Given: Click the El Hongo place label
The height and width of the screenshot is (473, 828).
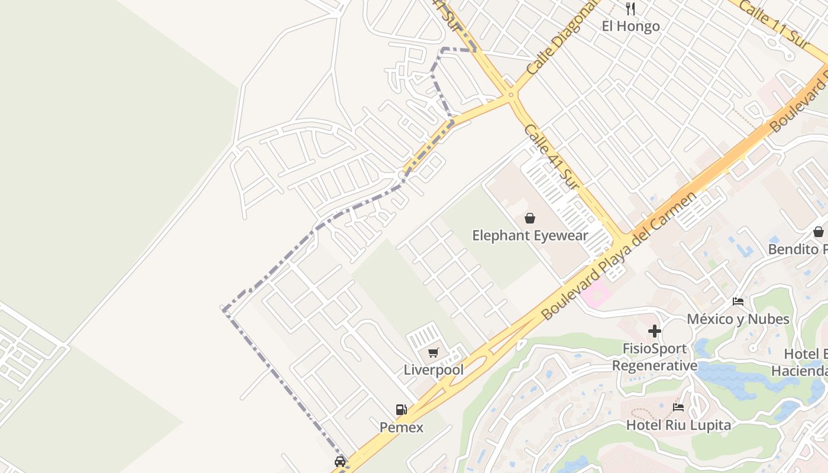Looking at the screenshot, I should coord(630,26).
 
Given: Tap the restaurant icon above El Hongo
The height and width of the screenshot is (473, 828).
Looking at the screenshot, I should coord(630,9).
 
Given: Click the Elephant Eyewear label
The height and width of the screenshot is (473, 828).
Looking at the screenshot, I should coord(530,235).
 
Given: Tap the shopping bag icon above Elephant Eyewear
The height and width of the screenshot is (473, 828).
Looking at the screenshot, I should coord(530,218).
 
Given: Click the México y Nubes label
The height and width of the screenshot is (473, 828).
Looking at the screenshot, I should coord(746,319).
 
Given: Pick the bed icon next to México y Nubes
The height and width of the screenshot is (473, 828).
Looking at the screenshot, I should coord(738,302).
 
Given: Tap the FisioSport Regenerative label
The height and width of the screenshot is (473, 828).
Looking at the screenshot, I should coord(655,357).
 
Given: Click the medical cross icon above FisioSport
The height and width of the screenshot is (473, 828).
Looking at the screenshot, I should coord(655,331).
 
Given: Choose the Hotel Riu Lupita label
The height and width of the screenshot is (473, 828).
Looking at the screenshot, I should coord(678,425).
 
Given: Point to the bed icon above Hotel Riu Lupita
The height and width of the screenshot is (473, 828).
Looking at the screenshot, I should coord(678,407).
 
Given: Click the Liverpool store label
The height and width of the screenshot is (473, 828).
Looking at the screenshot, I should coord(434,370).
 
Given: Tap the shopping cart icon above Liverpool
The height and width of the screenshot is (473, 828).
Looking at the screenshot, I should coord(434,353).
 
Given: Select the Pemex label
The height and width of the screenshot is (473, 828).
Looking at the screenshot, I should coord(402,427).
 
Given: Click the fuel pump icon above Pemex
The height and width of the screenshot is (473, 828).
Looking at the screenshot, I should coord(402,410).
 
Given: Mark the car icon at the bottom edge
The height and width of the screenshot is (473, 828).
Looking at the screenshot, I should coord(340,461).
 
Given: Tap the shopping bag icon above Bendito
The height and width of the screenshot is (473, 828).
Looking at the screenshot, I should coord(819,232).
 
